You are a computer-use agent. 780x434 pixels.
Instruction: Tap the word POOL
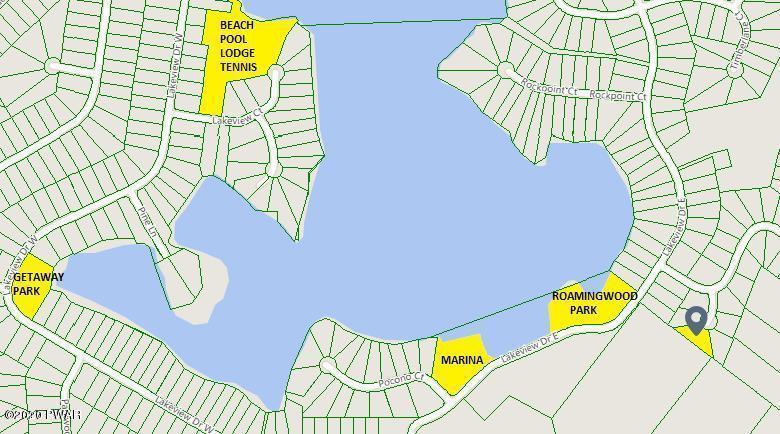[x=234, y=38]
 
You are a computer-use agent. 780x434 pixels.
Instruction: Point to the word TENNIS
[x=239, y=68]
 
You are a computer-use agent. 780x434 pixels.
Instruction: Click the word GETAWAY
[x=38, y=277]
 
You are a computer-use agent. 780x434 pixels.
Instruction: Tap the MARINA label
[x=461, y=360]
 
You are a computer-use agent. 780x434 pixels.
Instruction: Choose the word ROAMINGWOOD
[x=594, y=297]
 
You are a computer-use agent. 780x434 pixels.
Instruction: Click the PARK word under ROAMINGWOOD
[x=583, y=311]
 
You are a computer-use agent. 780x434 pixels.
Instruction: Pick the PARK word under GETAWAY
[x=26, y=291]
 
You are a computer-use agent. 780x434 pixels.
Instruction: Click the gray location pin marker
[x=696, y=319]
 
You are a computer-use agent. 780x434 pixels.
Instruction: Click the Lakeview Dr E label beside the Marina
[x=526, y=348]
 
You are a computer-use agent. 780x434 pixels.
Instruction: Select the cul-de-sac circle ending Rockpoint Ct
[x=505, y=70]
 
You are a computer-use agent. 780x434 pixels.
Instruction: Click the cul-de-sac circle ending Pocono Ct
[x=328, y=365]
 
